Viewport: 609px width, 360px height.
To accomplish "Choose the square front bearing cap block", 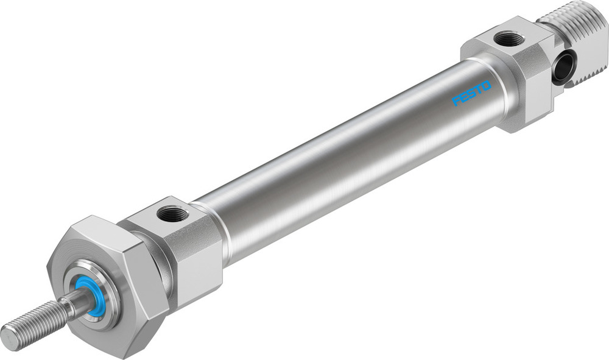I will pos(183,250).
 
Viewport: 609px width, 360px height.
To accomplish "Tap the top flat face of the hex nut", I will pos(97,228).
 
